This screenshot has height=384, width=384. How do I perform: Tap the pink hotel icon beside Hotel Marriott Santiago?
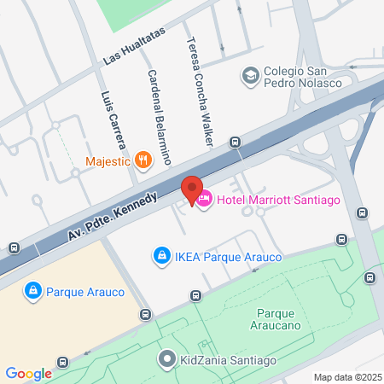[x=205, y=200]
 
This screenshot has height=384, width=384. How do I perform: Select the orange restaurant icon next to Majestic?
[x=143, y=160]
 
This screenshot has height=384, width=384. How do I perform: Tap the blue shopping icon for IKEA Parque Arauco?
[x=160, y=254]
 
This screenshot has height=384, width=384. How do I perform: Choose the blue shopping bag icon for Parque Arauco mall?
[x=33, y=292]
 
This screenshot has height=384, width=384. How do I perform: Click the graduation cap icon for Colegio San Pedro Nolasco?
[x=250, y=76]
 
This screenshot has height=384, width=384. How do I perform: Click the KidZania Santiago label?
[x=228, y=360]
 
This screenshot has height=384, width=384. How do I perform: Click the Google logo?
[x=28, y=373]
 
